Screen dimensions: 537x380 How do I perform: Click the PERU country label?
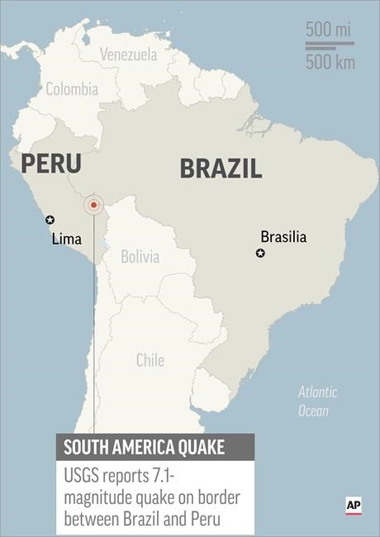click(x=51, y=163)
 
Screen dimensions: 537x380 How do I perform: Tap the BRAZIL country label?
click(x=221, y=169)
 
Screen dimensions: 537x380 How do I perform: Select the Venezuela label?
click(x=128, y=55)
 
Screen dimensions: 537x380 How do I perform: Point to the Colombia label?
click(x=72, y=89)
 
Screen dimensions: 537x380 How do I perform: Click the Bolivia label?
click(x=140, y=256)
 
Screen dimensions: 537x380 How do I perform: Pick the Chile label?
click(x=150, y=359)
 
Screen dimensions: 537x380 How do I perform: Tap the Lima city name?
click(x=66, y=239)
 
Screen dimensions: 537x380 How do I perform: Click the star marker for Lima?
click(x=50, y=220)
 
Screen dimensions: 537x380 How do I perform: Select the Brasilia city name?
click(x=283, y=236)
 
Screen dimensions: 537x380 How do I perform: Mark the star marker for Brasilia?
click(x=260, y=253)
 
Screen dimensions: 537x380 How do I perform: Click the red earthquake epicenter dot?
click(x=94, y=204)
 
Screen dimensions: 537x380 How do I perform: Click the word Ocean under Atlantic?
click(x=314, y=411)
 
